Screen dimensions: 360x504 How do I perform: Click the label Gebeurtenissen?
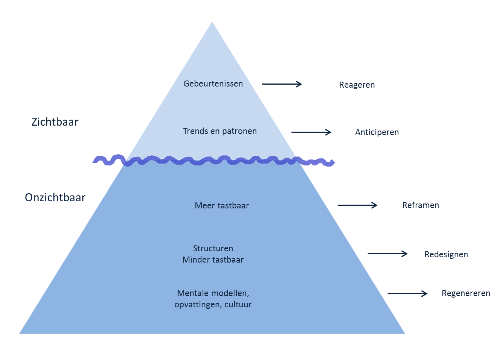[x=213, y=84]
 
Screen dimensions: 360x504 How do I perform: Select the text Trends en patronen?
[x=220, y=131]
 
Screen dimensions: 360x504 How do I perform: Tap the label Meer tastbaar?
[x=222, y=206]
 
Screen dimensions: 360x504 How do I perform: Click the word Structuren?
[x=213, y=249]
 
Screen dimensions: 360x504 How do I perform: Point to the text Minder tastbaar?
[x=213, y=260]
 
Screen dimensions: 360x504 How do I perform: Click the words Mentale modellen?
[x=213, y=293]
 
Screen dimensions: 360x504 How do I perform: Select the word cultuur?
[x=238, y=305]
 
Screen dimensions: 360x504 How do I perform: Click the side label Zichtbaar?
[x=55, y=122]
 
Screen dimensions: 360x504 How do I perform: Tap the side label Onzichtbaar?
[x=55, y=198]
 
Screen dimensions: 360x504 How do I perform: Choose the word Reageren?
[x=357, y=85]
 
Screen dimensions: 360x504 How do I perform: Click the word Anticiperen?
[x=377, y=132]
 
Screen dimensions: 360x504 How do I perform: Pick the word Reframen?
[x=421, y=205]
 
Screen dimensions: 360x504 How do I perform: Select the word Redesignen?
[x=446, y=255]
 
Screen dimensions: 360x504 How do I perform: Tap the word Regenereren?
[x=466, y=293]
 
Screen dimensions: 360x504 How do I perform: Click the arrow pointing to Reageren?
[x=282, y=84]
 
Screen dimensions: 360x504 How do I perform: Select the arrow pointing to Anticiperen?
[x=311, y=132]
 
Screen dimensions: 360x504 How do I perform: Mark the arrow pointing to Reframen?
[x=357, y=205]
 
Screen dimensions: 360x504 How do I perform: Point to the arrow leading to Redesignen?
[x=387, y=254]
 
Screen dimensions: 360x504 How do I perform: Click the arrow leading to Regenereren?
[x=407, y=293]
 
